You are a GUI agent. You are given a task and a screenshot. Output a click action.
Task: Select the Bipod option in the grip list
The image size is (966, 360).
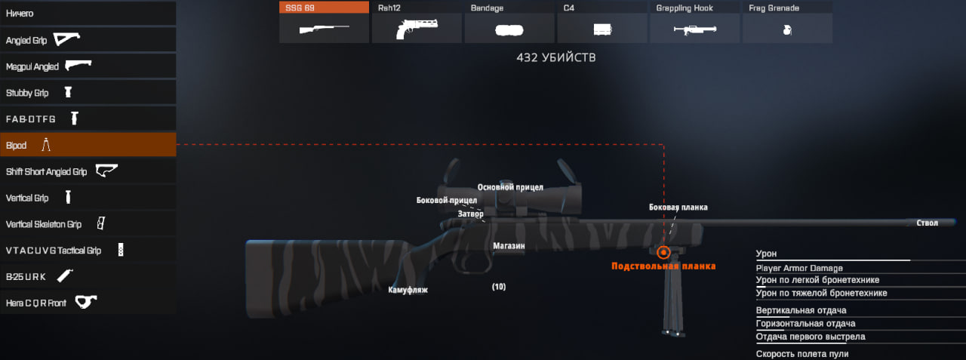tap(88, 145)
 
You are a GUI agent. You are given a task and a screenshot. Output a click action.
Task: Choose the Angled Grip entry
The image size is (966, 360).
tap(88, 40)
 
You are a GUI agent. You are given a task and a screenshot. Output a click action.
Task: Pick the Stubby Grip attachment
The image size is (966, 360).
tap(88, 93)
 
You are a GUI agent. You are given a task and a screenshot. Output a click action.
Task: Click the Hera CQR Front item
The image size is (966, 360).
tap(88, 303)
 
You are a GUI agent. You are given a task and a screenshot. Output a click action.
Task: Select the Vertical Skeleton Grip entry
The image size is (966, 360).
tap(88, 224)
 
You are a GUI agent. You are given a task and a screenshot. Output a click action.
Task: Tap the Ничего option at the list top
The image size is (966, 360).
tap(88, 14)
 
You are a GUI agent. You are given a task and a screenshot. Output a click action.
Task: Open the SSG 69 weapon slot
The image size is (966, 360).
tap(324, 23)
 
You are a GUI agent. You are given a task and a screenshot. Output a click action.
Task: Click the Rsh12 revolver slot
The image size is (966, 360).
tap(417, 23)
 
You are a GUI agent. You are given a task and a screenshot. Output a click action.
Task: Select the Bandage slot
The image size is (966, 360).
tap(509, 23)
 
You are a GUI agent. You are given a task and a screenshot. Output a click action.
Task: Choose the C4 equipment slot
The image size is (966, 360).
tap(602, 23)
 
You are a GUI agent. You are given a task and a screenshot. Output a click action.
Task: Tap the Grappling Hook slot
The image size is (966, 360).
tap(695, 23)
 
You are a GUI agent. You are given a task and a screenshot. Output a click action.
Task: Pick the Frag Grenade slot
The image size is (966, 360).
tap(787, 23)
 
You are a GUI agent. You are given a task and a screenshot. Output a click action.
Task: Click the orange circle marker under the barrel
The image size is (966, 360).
tap(663, 252)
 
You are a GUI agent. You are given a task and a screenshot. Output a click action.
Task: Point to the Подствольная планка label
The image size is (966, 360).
tap(663, 266)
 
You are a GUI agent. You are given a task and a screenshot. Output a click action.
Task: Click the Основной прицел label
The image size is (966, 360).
tap(510, 187)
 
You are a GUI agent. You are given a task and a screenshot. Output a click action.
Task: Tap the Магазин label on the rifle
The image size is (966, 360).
tap(509, 246)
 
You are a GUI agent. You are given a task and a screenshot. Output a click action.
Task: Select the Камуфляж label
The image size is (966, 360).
tap(408, 290)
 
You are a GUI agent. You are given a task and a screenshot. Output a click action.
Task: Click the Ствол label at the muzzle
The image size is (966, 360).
tap(927, 223)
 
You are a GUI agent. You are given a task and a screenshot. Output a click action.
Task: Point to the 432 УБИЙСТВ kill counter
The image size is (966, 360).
tap(555, 57)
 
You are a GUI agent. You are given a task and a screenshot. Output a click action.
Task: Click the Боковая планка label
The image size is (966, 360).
tap(678, 207)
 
